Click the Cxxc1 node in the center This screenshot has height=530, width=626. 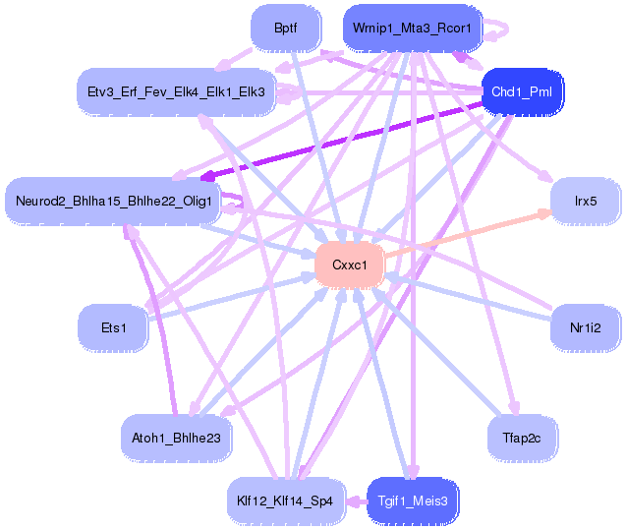pyautogui.click(x=349, y=265)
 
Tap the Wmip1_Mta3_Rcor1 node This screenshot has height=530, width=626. pyautogui.click(x=411, y=29)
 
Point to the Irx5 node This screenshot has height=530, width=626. pyautogui.click(x=586, y=202)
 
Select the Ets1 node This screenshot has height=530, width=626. pyautogui.click(x=114, y=326)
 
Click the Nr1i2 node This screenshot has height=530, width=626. pyautogui.click(x=585, y=326)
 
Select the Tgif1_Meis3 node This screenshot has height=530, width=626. pyautogui.click(x=413, y=500)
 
